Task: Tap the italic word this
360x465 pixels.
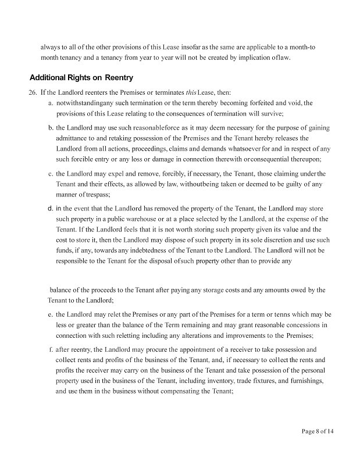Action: click(191, 92)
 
